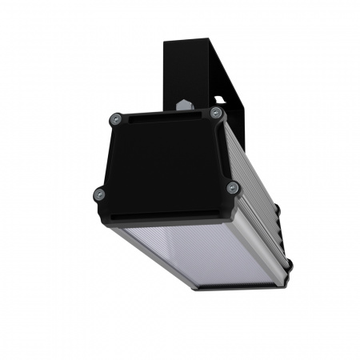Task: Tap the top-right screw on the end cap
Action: [215, 114]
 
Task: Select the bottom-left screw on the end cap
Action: [99, 192]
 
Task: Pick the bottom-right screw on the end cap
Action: [233, 188]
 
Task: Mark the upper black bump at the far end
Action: [278, 210]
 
